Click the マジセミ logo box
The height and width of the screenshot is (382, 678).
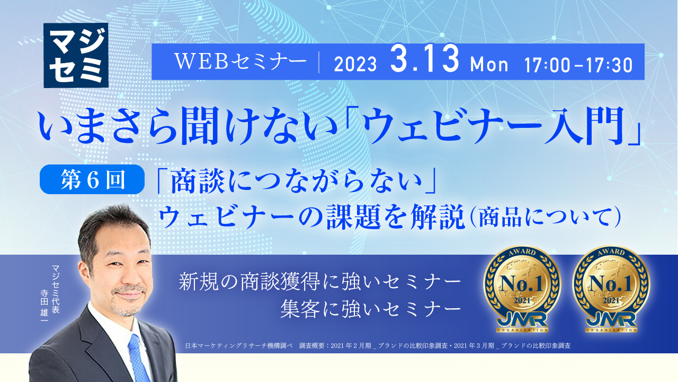76,55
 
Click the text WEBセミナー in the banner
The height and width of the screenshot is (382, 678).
240,63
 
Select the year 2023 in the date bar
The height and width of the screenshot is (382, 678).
355,65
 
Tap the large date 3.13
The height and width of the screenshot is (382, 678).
424,61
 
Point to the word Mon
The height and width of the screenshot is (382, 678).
489,65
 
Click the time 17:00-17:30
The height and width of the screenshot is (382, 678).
578,65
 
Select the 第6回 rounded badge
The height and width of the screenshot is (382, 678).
92,179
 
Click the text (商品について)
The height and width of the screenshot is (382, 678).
543,218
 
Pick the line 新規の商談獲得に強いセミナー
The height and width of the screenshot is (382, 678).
320,282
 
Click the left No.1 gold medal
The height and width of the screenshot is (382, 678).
522,289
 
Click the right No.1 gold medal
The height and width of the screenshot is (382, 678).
611,289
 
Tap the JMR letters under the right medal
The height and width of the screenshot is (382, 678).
611,323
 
